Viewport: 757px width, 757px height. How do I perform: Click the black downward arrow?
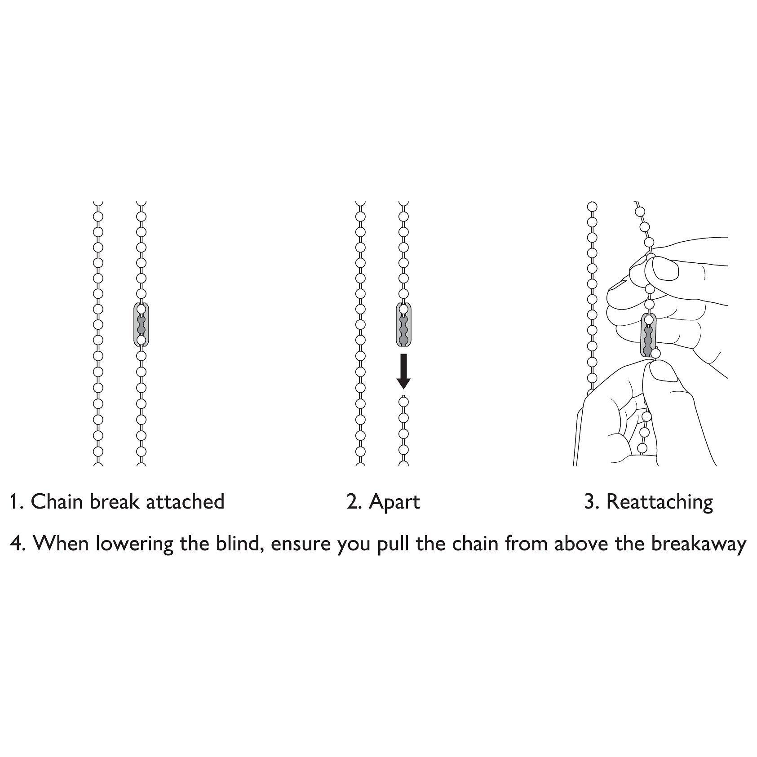coord(403,371)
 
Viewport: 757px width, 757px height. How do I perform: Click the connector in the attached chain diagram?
coord(141,324)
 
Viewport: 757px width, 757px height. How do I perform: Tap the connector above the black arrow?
coord(403,325)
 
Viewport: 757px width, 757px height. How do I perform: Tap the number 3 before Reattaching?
coord(590,502)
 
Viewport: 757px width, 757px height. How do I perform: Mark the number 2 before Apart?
coord(353,502)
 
